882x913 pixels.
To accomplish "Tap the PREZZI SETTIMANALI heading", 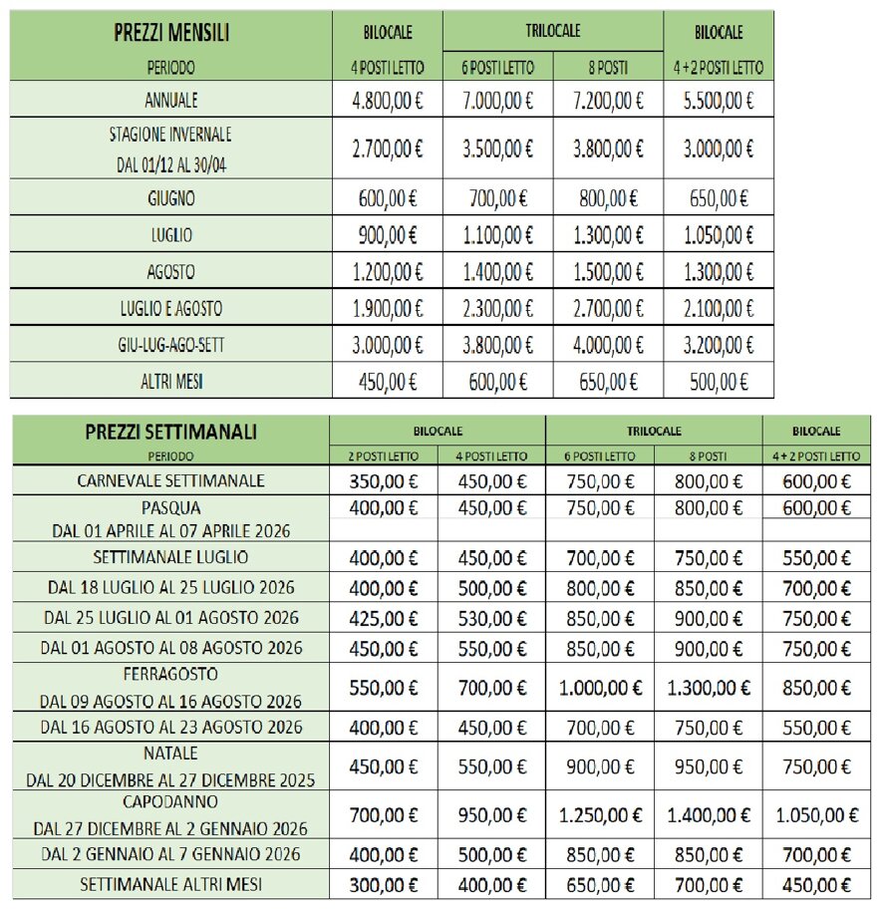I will [x=170, y=432].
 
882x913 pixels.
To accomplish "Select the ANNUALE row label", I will [x=170, y=100].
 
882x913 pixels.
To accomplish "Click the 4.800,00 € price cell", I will [x=388, y=100].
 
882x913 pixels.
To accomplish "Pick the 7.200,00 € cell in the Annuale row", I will [x=609, y=100].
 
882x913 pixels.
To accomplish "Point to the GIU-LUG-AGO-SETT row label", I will [x=170, y=345].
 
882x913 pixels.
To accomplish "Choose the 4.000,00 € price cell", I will [x=609, y=345].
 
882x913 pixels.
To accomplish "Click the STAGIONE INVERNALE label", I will [x=170, y=135].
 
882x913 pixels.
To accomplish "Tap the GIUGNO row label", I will [x=170, y=198].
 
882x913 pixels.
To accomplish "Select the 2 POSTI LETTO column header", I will [x=384, y=456].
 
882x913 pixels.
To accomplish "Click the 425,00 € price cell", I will [x=384, y=618].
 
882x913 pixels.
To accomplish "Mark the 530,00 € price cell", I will [x=490, y=618].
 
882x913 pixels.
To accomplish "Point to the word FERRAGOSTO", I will [x=170, y=675].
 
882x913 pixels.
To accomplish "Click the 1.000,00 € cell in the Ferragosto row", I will [x=600, y=688].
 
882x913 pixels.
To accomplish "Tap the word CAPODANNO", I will [x=170, y=802].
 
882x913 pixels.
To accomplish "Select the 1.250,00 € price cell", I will [x=600, y=815].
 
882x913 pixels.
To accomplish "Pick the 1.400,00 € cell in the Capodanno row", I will [x=709, y=815].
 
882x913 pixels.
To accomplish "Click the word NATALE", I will [x=170, y=753].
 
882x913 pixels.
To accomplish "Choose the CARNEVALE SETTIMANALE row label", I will [x=170, y=480].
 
